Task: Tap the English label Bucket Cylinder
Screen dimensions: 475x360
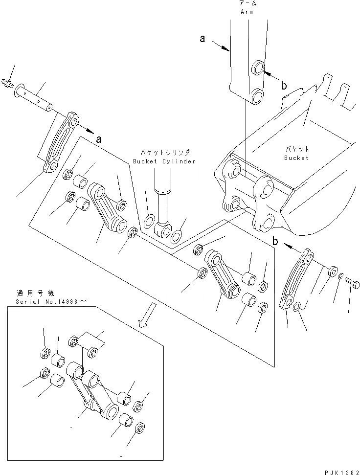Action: click(164, 161)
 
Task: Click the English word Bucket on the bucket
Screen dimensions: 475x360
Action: click(296, 158)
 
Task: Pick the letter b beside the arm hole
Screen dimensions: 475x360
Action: click(284, 86)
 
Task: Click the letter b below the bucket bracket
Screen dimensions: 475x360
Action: click(276, 241)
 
